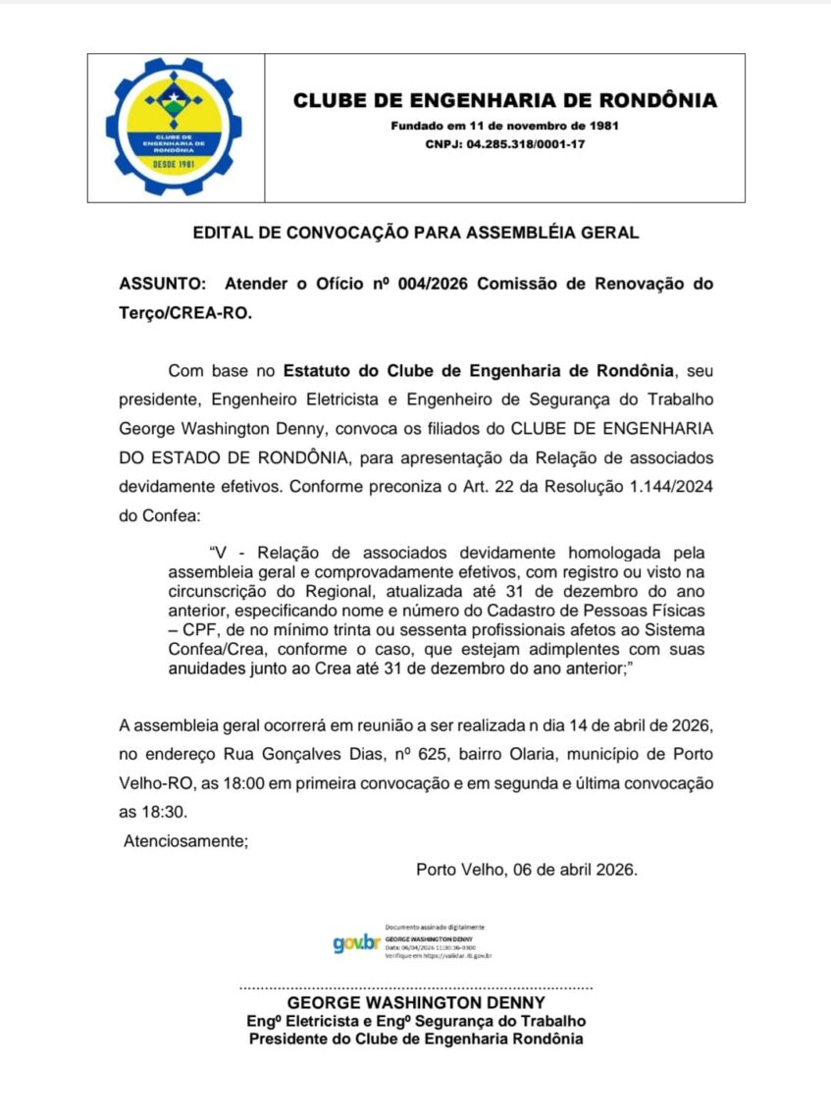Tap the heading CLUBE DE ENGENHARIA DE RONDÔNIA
click(505, 100)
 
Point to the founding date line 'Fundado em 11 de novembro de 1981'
click(504, 126)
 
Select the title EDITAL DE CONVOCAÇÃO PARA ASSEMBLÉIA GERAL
click(416, 233)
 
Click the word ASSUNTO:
click(163, 284)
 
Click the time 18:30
click(163, 812)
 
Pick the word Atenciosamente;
click(185, 840)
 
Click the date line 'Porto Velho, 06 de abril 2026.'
click(527, 869)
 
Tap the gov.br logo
click(355, 943)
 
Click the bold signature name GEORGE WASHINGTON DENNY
click(416, 1002)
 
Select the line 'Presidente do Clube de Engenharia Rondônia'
click(416, 1038)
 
